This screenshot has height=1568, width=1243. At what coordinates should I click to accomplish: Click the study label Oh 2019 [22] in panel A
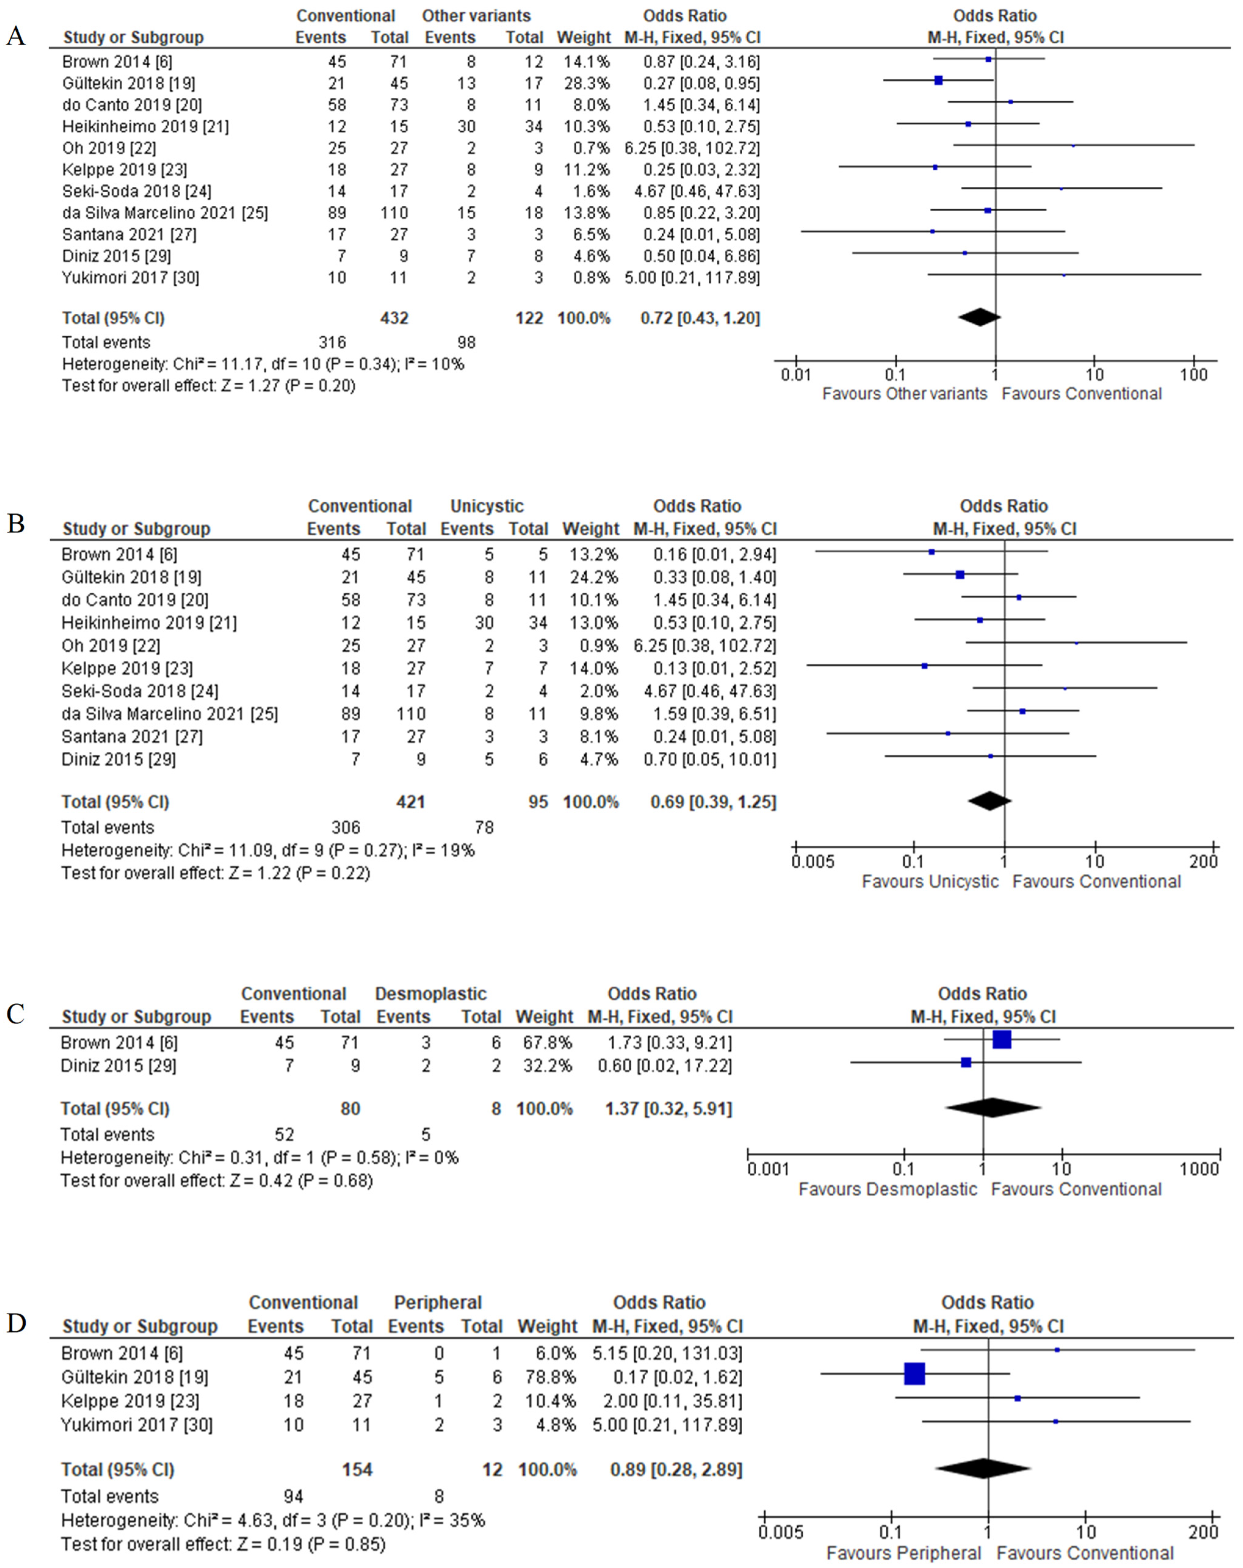109,148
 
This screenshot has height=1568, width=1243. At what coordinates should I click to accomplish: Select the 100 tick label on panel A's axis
1193,374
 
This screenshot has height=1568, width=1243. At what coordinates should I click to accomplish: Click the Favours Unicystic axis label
930,881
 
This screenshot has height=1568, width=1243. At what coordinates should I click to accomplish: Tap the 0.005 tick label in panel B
813,862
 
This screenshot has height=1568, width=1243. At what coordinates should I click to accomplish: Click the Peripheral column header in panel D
438,1302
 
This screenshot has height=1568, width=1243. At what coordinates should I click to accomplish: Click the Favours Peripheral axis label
903,1553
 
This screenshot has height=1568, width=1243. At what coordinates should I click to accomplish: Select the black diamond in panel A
979,317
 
